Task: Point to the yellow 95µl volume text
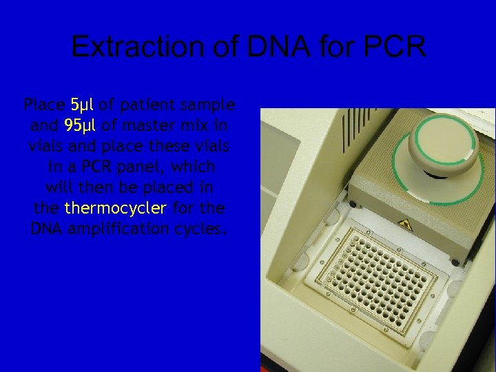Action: pyautogui.click(x=79, y=126)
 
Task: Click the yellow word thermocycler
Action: pyautogui.click(x=115, y=208)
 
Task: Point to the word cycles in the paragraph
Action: pyautogui.click(x=203, y=229)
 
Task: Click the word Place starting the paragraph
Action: pyautogui.click(x=44, y=105)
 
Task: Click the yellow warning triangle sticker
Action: pyautogui.click(x=406, y=225)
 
